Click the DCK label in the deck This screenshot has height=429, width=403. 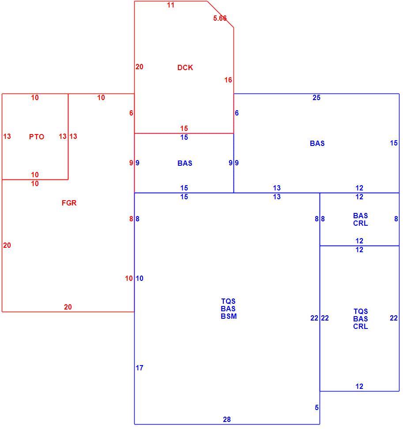coord(185,67)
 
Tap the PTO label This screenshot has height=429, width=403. coord(37,137)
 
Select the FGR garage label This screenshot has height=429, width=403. coord(69,203)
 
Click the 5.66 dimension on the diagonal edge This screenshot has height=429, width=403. coord(220,19)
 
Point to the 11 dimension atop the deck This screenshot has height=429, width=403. coord(171,5)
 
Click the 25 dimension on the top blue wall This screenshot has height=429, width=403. coord(316,98)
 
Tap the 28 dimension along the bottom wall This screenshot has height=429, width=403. coord(227,419)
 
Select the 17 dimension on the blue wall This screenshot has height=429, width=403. coord(139,368)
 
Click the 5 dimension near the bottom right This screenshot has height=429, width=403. coord(316,408)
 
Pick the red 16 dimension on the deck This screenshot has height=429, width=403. coord(228,80)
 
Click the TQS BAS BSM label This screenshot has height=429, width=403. coord(229,309)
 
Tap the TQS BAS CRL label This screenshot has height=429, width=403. coord(361,319)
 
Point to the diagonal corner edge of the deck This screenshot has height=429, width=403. coord(220,14)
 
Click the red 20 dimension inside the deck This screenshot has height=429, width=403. coord(139,67)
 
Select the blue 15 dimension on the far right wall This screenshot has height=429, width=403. coord(394,143)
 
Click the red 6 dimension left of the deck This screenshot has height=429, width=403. coord(131,113)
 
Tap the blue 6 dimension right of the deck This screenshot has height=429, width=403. coord(237,113)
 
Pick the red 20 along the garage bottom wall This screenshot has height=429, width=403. coord(68,307)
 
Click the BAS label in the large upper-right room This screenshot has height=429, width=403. coord(317,143)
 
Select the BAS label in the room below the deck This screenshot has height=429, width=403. coord(185,163)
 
